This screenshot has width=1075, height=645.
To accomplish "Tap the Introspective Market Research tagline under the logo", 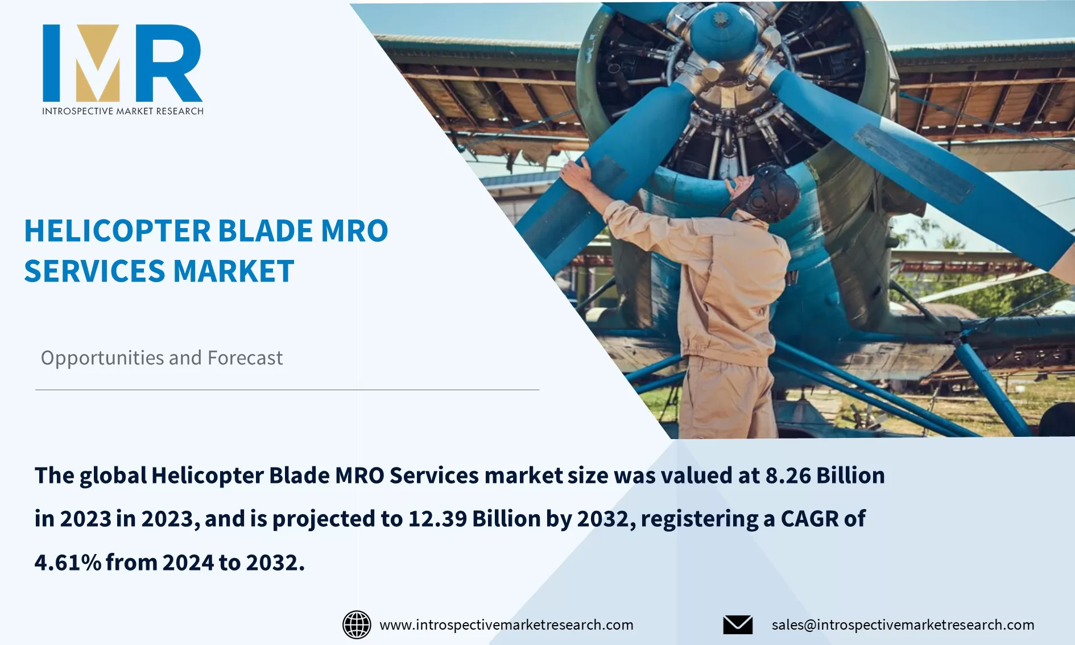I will point(123,111).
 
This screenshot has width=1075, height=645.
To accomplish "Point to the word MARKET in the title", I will point(234,271).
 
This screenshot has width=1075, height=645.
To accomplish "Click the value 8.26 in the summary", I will point(788,476).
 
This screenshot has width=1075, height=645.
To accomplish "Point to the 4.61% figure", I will point(68,563).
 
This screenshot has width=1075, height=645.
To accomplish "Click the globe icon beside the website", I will point(357,625).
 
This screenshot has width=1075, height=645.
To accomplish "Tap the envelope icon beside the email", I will point(738,625).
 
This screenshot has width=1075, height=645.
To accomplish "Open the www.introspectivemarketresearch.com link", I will point(506,625).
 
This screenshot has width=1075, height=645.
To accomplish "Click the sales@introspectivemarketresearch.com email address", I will point(903,625).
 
